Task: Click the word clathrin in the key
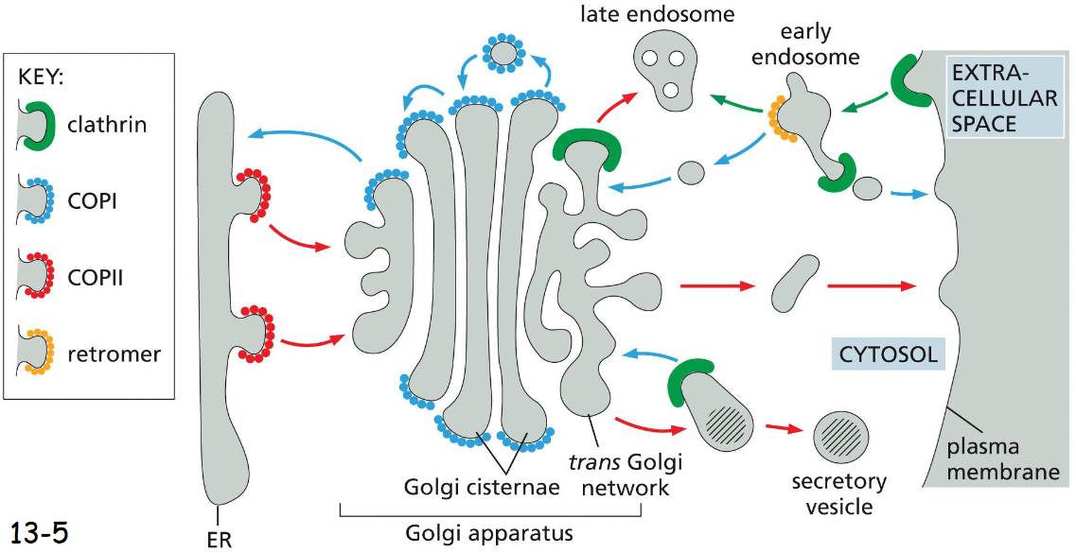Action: coord(107,124)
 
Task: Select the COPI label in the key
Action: coord(93,200)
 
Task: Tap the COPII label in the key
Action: coord(97,278)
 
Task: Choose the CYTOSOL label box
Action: coord(887,354)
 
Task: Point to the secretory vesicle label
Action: coord(840,493)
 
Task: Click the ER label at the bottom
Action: coord(219,540)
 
